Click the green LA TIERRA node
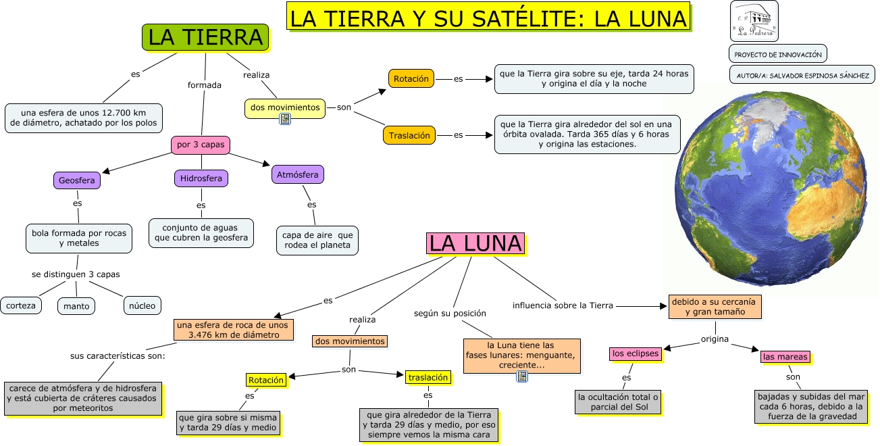coord(205,37)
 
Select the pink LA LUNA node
coord(475,243)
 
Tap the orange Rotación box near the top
coord(411,78)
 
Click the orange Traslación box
coord(409,135)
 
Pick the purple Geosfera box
coord(77,180)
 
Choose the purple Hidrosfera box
coord(201,178)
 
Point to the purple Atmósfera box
coord(297,174)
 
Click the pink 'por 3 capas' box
coord(201,145)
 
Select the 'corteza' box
coord(20,305)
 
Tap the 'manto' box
coord(76,306)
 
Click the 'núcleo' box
coord(142,305)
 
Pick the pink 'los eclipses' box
coord(634,353)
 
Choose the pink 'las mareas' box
coord(784,356)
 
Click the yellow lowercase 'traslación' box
coord(428,377)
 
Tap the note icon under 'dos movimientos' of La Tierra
coord(285,120)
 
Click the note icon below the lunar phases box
coord(521,376)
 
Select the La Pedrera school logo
coord(754,20)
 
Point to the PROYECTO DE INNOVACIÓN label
coord(778,54)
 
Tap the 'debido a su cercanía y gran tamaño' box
coord(715,306)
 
